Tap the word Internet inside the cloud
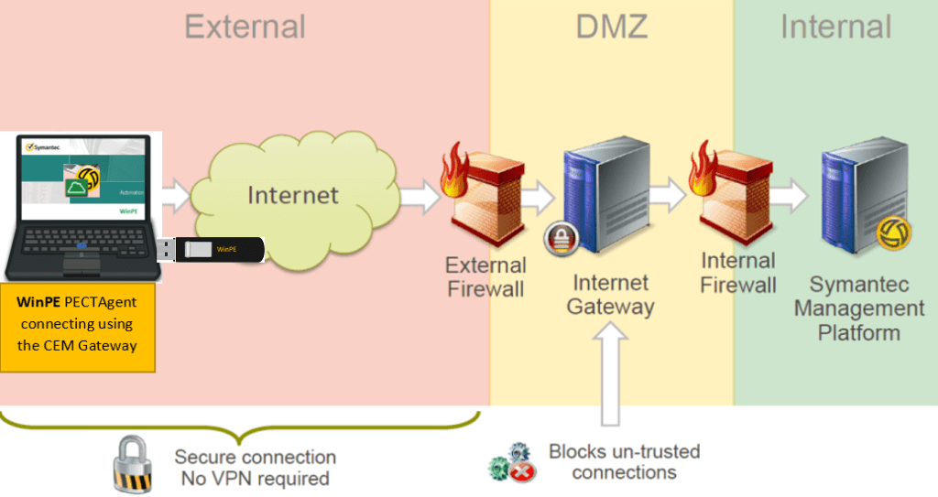coord(293,194)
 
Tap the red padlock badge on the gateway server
coord(560,237)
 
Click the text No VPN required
coord(252,478)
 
